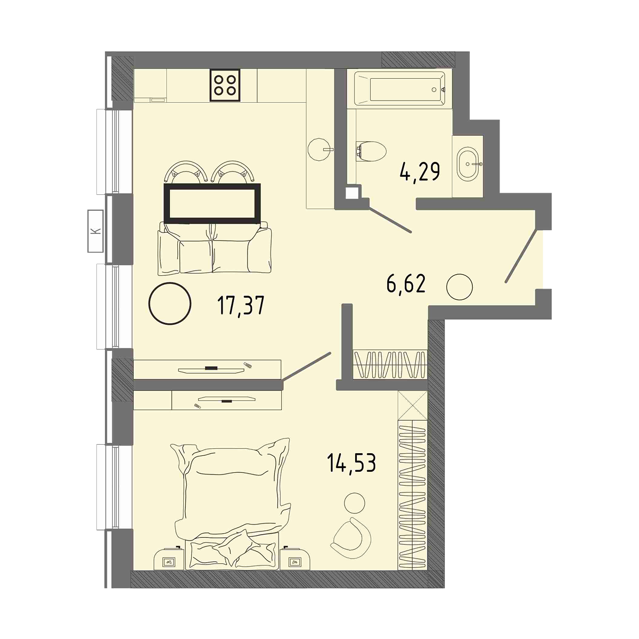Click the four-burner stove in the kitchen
pos(225,85)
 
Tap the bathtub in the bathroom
pos(399,89)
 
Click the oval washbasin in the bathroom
pos(469,164)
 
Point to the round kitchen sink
pos(319,150)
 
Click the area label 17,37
pos(241,306)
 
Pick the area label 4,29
pos(420,171)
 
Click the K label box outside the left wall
pos(95,231)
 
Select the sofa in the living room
pos(215,248)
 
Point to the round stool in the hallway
pos(459,286)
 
